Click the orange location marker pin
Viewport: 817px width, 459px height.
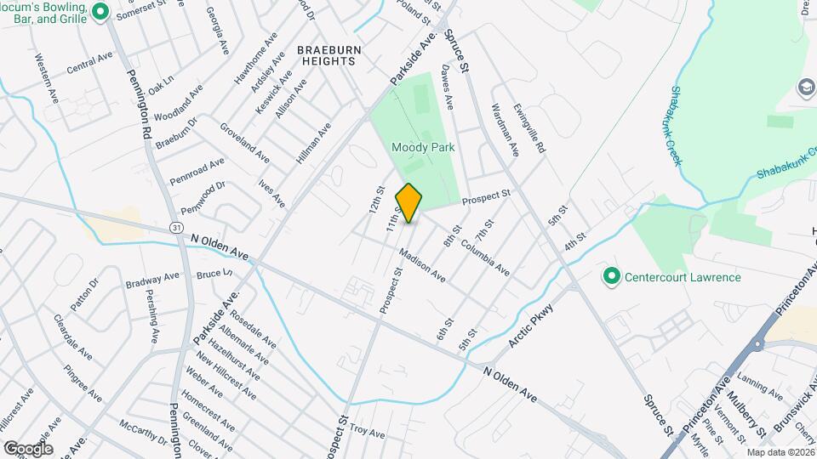409,203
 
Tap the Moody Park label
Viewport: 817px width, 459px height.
423,147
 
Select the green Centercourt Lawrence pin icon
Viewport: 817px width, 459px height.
610,276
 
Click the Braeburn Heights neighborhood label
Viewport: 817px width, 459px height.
329,55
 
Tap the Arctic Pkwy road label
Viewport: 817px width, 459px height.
531,325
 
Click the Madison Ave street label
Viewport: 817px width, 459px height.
421,265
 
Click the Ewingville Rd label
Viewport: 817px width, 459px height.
528,128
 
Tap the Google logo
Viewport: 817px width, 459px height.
27,448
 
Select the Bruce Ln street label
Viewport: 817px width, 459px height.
214,275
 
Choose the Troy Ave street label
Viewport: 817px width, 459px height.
368,432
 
